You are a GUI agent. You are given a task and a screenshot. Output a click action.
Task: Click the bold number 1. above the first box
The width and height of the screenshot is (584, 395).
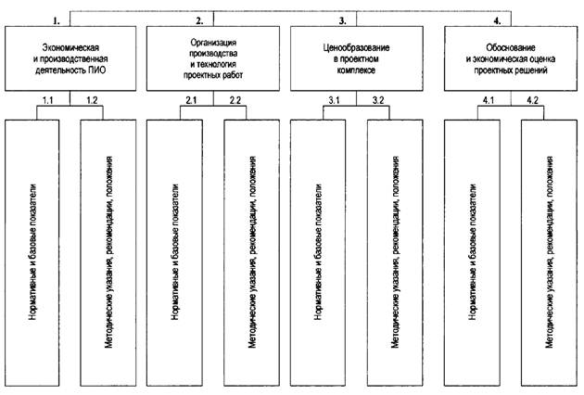click(57, 21)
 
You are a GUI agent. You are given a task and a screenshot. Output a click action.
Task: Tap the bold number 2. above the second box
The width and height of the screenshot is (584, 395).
click(199, 21)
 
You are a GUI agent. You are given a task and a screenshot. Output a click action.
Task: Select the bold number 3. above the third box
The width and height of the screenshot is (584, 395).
click(342, 21)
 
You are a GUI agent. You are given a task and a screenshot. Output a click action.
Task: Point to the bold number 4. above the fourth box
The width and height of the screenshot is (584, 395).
click(497, 21)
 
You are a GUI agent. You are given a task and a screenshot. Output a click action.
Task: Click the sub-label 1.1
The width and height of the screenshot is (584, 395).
click(47, 100)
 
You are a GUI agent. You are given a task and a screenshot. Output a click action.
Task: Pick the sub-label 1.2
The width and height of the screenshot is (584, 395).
click(92, 100)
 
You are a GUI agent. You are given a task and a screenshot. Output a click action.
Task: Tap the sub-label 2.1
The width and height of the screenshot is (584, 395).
click(191, 100)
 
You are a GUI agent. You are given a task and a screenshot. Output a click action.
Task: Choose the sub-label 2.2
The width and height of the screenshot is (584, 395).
click(235, 100)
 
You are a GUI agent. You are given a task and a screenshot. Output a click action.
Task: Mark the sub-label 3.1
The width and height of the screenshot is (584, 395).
click(334, 100)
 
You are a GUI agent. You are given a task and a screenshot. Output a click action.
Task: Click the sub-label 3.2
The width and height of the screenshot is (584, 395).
click(378, 100)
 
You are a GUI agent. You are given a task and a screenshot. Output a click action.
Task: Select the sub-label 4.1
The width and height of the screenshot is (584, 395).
click(489, 100)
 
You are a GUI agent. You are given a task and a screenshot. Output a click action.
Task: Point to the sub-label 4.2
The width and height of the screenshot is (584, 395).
click(533, 100)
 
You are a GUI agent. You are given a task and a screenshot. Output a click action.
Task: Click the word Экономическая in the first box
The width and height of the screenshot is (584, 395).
click(70, 47)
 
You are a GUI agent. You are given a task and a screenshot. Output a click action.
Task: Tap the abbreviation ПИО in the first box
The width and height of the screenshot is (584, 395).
click(97, 70)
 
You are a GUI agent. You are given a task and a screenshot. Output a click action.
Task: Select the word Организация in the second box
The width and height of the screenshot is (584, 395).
click(213, 43)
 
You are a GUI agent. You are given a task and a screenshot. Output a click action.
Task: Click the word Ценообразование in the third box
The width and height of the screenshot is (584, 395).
click(357, 47)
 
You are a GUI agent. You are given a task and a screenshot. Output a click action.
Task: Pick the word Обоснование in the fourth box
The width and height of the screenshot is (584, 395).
click(511, 47)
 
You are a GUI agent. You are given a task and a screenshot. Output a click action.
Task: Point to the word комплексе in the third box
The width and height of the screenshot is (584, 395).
click(357, 70)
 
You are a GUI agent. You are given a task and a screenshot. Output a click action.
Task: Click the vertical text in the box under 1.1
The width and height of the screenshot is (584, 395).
click(33, 252)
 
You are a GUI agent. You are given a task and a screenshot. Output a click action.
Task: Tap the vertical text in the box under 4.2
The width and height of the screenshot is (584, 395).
click(549, 252)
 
